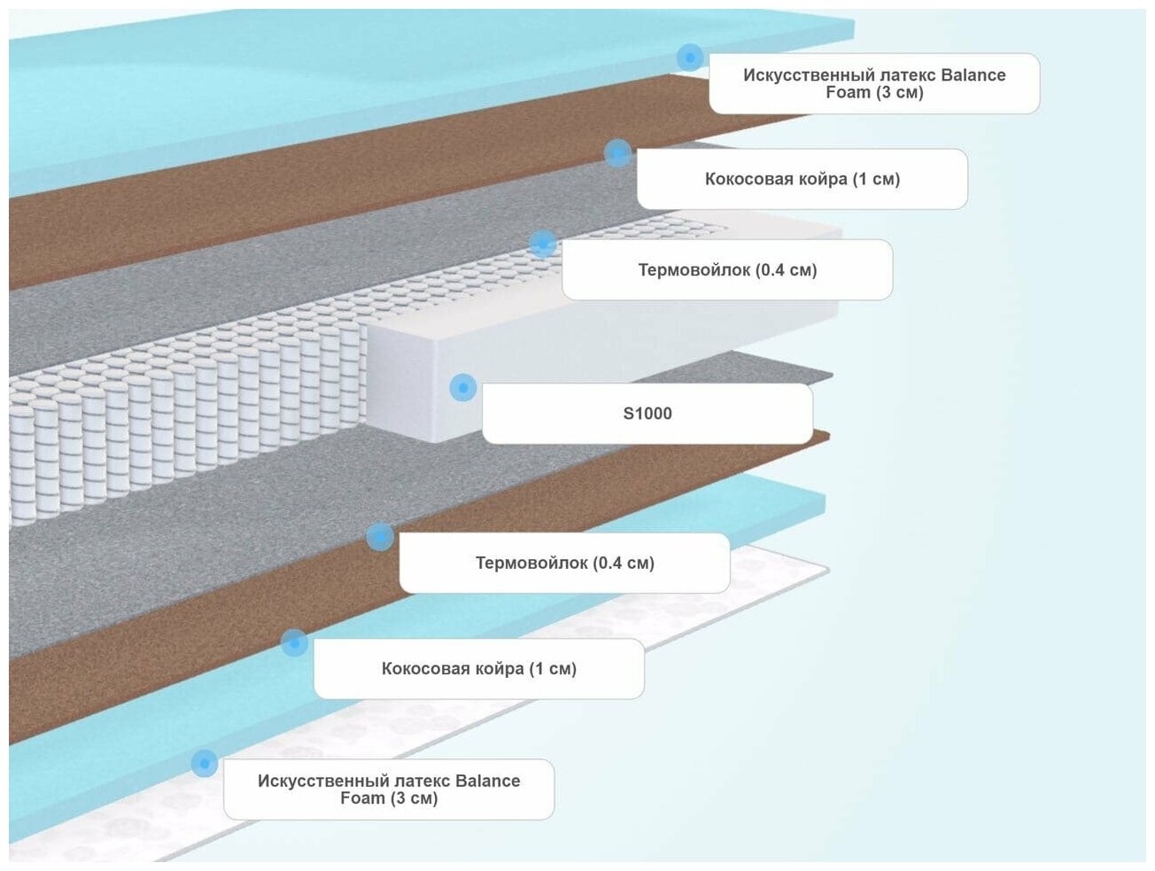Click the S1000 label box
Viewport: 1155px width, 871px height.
(647, 413)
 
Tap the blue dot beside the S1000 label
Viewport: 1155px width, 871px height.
(462, 387)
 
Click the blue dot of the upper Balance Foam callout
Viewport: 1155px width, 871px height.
(690, 58)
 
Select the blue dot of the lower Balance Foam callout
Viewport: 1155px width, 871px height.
(204, 763)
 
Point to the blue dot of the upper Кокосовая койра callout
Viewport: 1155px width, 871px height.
(617, 152)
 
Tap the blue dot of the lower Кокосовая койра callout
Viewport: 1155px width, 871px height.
(294, 642)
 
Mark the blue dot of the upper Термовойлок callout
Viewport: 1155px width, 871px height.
(542, 243)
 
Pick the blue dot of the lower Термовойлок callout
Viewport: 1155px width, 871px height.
(380, 536)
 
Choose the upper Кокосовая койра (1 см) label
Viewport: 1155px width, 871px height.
(802, 179)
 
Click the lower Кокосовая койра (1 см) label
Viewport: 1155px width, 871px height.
(478, 669)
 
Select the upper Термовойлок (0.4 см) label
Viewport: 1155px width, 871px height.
(727, 269)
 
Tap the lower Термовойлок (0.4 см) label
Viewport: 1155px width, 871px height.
(564, 563)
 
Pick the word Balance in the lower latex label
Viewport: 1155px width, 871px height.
(487, 781)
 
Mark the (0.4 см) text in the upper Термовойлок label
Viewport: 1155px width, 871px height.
(786, 269)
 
